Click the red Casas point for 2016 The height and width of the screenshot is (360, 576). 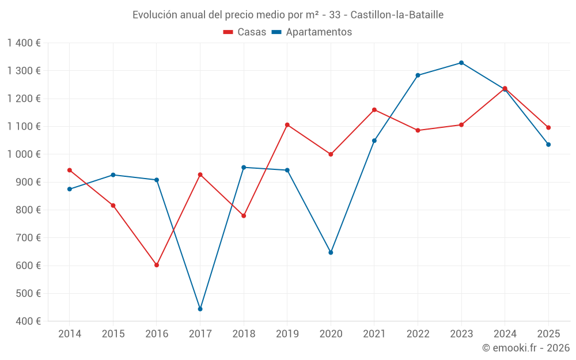pos(157,265)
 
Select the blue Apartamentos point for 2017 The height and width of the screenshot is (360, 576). pos(200,309)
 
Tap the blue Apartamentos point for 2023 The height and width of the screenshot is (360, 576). pos(461,63)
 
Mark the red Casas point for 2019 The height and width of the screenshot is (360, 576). pos(287,125)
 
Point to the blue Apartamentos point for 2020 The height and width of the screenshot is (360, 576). pos(331,252)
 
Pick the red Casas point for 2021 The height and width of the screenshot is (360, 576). pos(374,109)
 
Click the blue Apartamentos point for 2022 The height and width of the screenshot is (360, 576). pos(418,75)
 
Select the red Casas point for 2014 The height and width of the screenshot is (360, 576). pos(70,170)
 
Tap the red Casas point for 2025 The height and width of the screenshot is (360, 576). pos(548,128)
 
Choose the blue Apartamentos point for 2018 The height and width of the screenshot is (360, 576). pos(244,168)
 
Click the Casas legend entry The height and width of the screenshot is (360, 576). pos(245,32)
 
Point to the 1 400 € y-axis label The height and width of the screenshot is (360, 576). pos(24,43)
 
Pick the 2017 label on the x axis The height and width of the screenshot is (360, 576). pos(200,334)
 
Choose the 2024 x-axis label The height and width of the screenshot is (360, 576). pos(505,334)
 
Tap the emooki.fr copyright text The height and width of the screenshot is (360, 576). pos(526,348)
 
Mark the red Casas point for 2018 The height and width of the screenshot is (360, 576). pos(244,216)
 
